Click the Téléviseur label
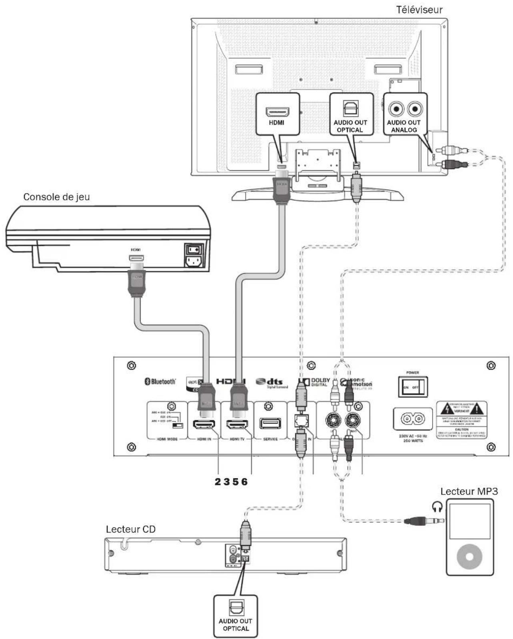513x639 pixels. pyautogui.click(x=419, y=10)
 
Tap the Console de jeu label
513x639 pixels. pyautogui.click(x=56, y=197)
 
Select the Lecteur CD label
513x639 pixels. pyautogui.click(x=130, y=529)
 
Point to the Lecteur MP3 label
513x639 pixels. pyautogui.click(x=469, y=491)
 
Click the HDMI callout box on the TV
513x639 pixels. pyautogui.click(x=277, y=114)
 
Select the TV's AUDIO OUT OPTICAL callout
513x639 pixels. pyautogui.click(x=351, y=114)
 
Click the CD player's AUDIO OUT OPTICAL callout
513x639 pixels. pyautogui.click(x=235, y=616)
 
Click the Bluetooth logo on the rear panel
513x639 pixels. pyautogui.click(x=160, y=381)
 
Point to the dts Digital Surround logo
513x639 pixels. pyautogui.click(x=272, y=383)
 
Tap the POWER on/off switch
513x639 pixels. pyautogui.click(x=413, y=387)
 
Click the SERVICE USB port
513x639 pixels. pyautogui.click(x=270, y=423)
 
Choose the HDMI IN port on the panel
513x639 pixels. pyautogui.click(x=204, y=424)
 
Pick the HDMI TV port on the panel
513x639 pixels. pyautogui.click(x=237, y=424)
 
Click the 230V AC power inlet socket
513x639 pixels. pyautogui.click(x=413, y=419)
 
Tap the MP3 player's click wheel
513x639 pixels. pyautogui.click(x=469, y=556)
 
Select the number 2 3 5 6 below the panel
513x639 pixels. pyautogui.click(x=231, y=481)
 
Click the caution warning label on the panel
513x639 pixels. pyautogui.click(x=461, y=420)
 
